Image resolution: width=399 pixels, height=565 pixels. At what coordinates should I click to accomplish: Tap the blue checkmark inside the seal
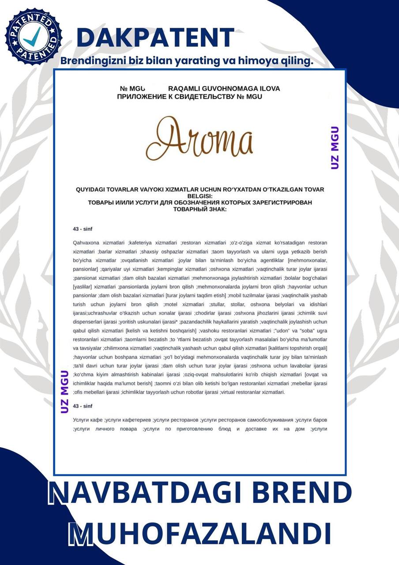(32, 37)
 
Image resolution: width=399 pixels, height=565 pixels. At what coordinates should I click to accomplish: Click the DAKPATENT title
(155, 37)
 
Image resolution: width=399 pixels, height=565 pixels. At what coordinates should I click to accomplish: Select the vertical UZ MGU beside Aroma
(335, 148)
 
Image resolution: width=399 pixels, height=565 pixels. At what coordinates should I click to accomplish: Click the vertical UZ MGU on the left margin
(65, 388)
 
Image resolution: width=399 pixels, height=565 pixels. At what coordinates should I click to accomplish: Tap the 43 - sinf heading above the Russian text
(82, 405)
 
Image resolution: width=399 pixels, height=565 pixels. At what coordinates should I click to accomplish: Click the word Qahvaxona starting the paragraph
(86, 243)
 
